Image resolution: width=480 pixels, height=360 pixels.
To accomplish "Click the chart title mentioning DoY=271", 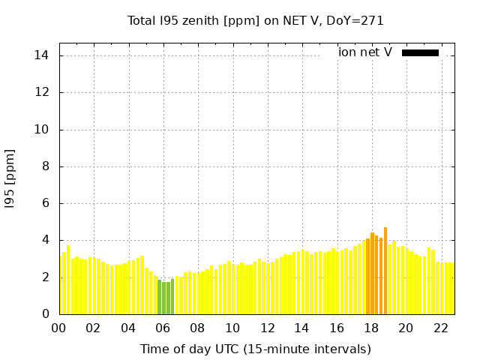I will [256, 20].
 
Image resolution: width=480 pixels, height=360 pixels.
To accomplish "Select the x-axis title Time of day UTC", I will [256, 349].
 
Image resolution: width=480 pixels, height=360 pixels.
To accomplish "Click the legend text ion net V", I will [365, 52].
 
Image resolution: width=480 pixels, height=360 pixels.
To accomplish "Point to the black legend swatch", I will [420, 52].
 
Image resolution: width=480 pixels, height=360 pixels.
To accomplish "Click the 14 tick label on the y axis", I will [42, 55].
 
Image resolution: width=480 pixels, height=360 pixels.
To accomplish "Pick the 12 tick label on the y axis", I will [42, 92].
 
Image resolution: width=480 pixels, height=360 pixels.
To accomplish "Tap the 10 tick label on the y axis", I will [42, 129].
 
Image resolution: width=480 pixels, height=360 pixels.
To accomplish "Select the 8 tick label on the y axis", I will [45, 166].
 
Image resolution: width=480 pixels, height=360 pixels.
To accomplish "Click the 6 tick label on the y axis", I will [45, 203].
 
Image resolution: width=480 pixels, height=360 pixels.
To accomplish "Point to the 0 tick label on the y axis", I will [45, 314].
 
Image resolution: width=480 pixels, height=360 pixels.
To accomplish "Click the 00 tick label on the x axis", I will [58, 328].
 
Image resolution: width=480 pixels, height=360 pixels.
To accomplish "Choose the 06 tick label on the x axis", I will [163, 328].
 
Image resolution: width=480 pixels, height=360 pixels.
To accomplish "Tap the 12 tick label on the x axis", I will [267, 328].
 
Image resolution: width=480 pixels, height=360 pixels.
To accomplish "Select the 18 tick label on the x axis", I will [371, 328].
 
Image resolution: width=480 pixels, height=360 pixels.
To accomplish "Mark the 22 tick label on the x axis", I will [440, 328].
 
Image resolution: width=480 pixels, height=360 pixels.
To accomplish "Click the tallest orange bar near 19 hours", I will [385, 270].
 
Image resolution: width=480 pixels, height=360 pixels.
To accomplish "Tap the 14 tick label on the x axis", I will [301, 328].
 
